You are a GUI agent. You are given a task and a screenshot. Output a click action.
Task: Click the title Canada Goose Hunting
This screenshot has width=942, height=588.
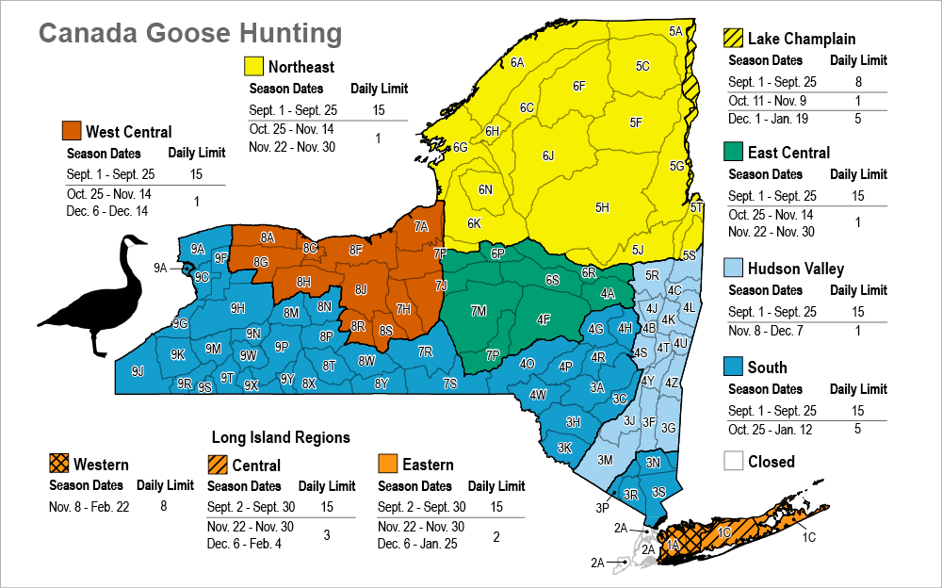click(189, 34)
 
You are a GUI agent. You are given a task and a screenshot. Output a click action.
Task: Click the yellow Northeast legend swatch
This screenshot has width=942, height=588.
click(253, 67)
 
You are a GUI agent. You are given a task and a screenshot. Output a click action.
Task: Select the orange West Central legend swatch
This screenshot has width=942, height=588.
click(71, 131)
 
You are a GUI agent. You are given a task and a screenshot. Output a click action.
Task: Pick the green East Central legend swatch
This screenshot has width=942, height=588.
click(734, 152)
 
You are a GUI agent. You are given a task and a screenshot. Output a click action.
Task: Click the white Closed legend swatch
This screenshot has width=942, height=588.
click(734, 462)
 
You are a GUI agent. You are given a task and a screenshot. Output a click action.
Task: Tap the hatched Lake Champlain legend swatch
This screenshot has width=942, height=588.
click(734, 39)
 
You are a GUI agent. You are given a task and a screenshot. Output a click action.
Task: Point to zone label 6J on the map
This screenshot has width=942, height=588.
click(548, 155)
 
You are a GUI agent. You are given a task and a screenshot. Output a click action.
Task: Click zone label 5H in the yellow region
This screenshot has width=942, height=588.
click(603, 207)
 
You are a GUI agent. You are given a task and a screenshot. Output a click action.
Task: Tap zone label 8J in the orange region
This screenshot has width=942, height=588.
click(361, 289)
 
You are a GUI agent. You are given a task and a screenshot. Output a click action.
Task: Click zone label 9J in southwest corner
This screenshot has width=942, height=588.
click(138, 371)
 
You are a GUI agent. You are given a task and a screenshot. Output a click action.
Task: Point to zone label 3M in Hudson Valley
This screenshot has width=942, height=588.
click(606, 460)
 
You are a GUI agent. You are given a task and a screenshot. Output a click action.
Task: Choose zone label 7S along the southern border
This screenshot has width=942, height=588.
click(450, 383)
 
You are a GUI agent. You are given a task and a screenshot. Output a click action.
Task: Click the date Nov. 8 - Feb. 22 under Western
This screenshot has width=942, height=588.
click(89, 506)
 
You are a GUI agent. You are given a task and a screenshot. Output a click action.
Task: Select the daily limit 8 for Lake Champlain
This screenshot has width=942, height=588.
click(858, 82)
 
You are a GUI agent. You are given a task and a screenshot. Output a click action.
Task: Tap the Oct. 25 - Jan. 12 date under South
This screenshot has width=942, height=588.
click(771, 430)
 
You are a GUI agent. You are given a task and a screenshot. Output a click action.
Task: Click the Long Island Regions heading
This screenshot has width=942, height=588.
click(281, 437)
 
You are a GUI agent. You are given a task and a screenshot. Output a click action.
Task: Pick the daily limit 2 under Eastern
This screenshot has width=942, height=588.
click(495, 536)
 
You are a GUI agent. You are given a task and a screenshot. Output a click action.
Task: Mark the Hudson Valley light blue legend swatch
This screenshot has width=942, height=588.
click(734, 269)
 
